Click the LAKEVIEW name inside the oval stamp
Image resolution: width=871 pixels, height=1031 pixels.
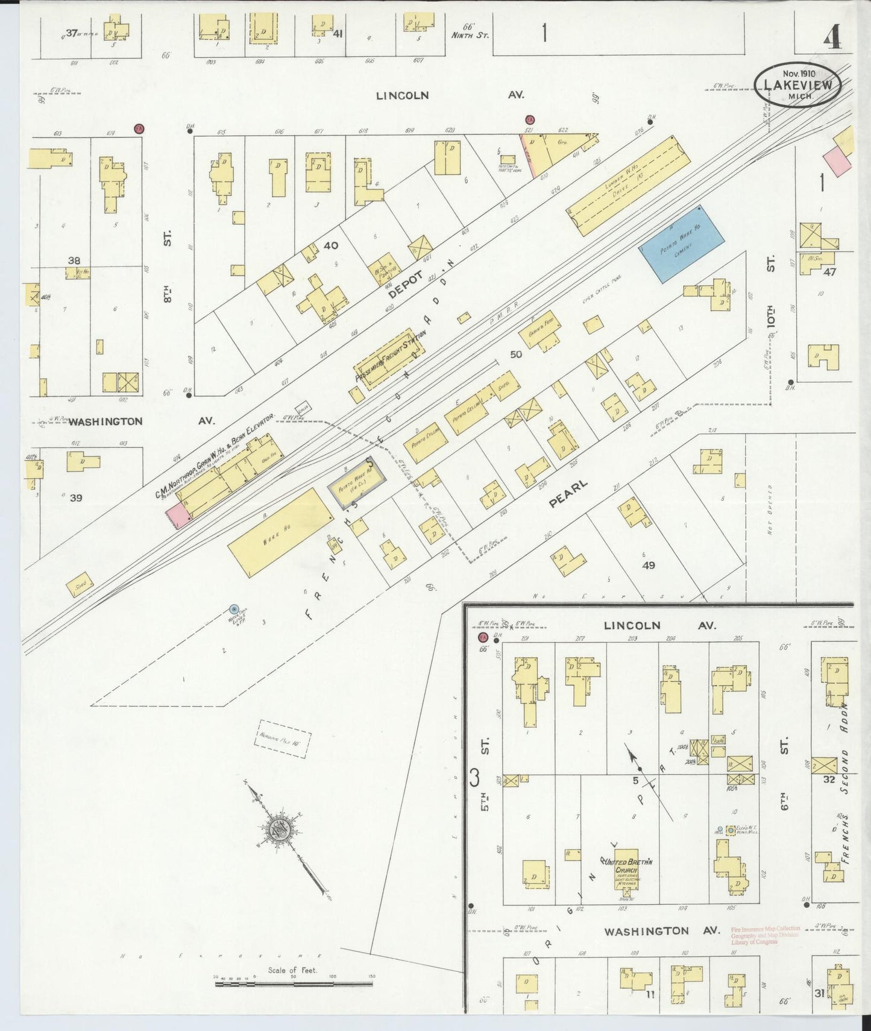click(797, 85)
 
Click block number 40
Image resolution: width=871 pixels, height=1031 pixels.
click(330, 245)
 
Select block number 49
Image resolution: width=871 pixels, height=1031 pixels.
click(649, 565)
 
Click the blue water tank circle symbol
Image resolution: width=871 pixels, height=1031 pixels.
click(234, 610)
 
